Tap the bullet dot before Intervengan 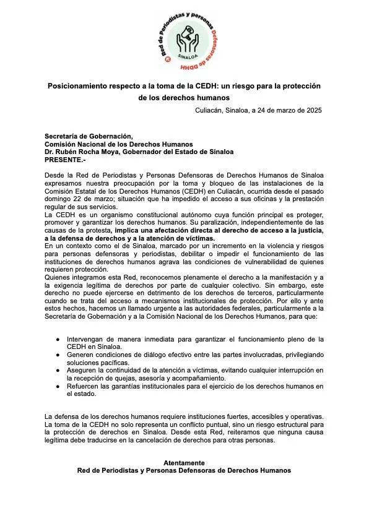(58, 340)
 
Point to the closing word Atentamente (184, 462)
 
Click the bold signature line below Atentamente (184, 470)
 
